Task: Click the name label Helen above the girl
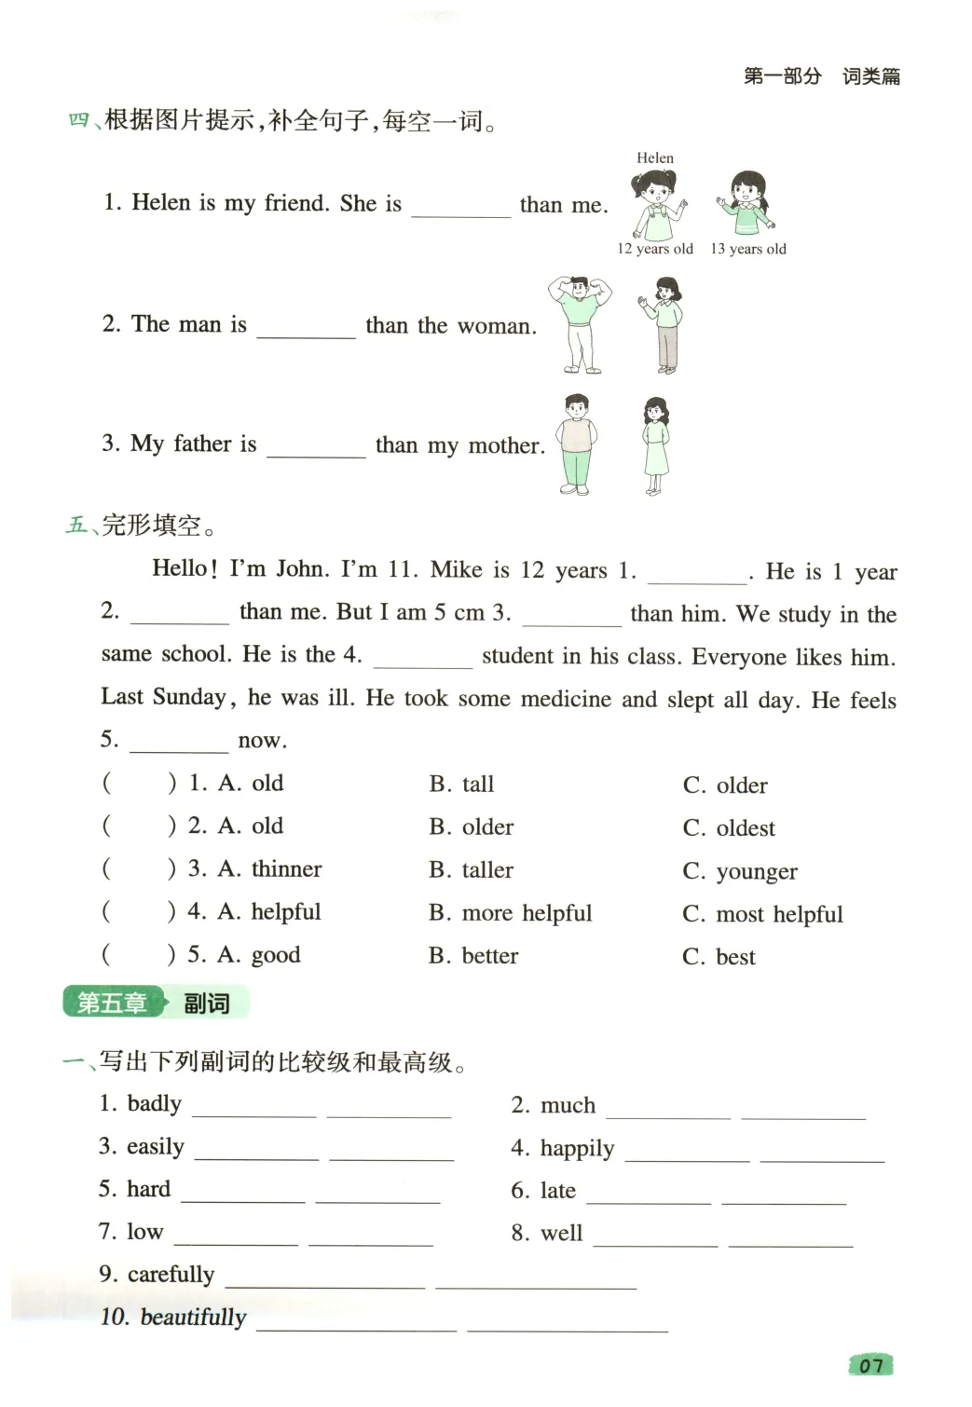[655, 158]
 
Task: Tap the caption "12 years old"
[655, 249]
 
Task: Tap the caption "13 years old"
[748, 249]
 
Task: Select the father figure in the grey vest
[577, 444]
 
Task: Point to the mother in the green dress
[656, 445]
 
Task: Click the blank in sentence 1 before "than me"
[461, 207]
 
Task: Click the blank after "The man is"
[306, 328]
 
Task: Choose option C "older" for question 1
[742, 785]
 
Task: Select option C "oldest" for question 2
[746, 828]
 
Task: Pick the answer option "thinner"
[286, 869]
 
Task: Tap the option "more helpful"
[527, 913]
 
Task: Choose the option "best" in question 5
[735, 957]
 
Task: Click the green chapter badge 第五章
[112, 1003]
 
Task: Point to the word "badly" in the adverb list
[154, 1104]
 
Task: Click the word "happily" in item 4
[577, 1148]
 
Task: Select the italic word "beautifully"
[193, 1318]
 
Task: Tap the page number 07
[870, 1366]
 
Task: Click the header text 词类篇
[871, 76]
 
